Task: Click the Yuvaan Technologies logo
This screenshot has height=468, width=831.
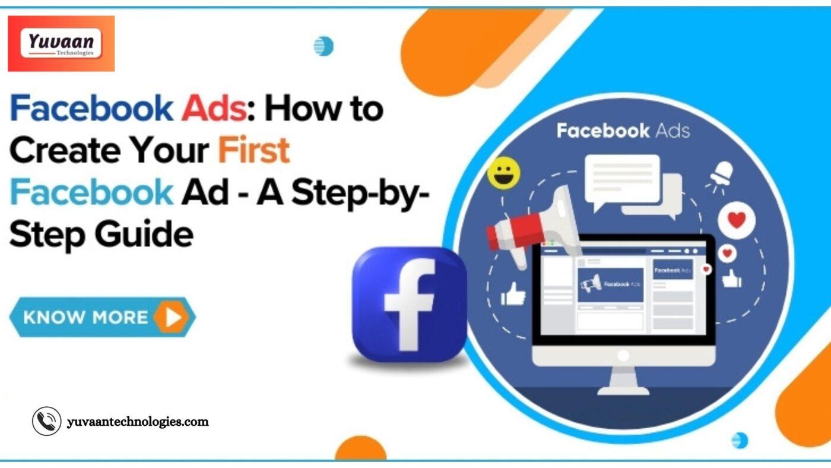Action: coord(61,43)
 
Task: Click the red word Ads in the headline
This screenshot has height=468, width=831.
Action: coord(214,108)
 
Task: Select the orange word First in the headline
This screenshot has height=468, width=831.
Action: coord(254,150)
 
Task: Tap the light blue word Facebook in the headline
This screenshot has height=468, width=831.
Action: coord(91,191)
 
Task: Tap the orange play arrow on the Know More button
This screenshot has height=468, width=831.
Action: coord(172,317)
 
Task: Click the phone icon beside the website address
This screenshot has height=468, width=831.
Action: coord(47,421)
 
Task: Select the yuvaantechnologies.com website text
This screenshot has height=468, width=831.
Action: coord(138,422)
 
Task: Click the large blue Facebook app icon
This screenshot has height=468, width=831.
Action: coord(410,304)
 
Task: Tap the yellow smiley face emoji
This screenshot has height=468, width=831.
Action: coord(504,173)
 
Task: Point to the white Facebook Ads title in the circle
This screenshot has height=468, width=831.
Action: coord(623,131)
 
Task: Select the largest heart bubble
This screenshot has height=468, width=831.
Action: coord(737,220)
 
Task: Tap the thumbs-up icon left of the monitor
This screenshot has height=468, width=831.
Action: coord(513,293)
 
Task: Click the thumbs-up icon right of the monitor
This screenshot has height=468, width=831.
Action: coord(731,279)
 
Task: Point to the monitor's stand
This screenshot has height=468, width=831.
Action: coord(623,381)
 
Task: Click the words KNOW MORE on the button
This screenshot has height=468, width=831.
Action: coord(85,317)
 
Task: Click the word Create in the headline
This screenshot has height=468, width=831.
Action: coord(65,150)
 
